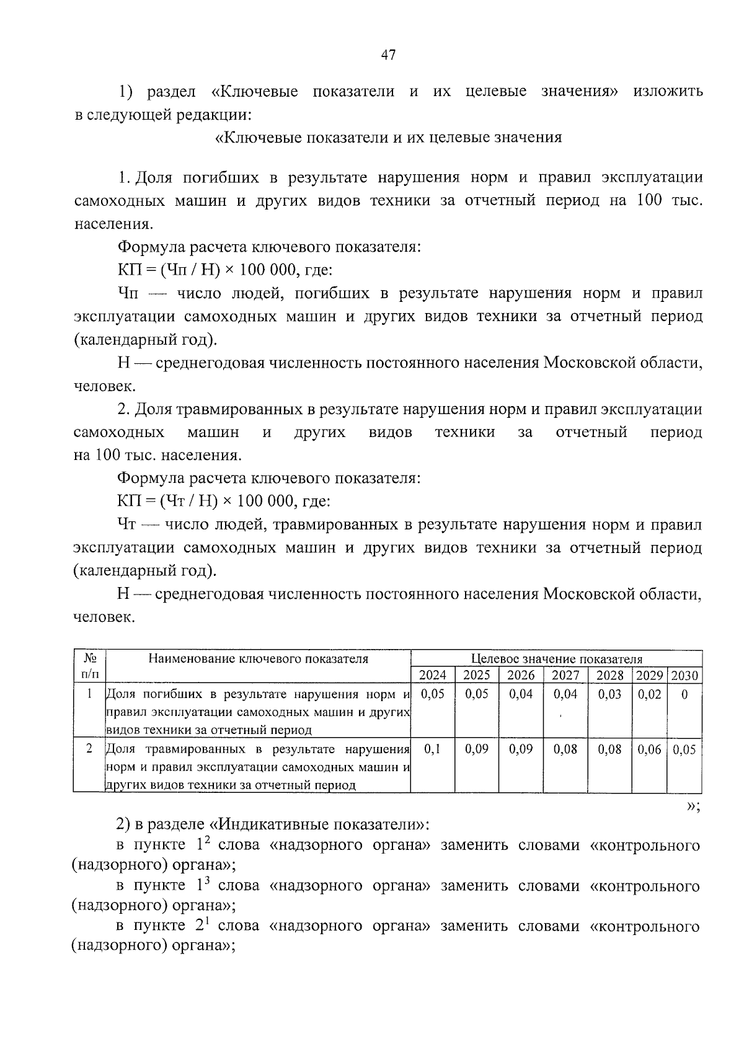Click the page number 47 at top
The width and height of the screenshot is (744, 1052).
[x=387, y=55]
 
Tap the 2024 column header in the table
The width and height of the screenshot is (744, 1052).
[x=432, y=675]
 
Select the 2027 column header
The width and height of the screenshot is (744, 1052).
[x=565, y=675]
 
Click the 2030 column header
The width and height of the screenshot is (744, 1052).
[x=684, y=675]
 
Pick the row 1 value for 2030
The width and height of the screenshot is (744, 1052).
[x=684, y=694]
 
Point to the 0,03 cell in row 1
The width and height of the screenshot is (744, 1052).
[x=609, y=694]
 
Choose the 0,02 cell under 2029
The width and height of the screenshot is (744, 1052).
[x=649, y=694]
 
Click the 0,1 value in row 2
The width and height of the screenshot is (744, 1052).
[x=432, y=749]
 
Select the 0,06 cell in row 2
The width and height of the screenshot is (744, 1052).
[x=649, y=749]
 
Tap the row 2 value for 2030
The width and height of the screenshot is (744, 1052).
[x=684, y=749]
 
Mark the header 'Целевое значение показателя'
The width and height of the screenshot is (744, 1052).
[x=556, y=658]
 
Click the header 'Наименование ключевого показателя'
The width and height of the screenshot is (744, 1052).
[x=258, y=658]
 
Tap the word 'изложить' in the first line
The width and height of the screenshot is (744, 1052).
[x=668, y=92]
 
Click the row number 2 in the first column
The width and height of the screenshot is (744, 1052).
[x=89, y=749]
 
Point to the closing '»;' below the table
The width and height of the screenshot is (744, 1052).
[x=693, y=805]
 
